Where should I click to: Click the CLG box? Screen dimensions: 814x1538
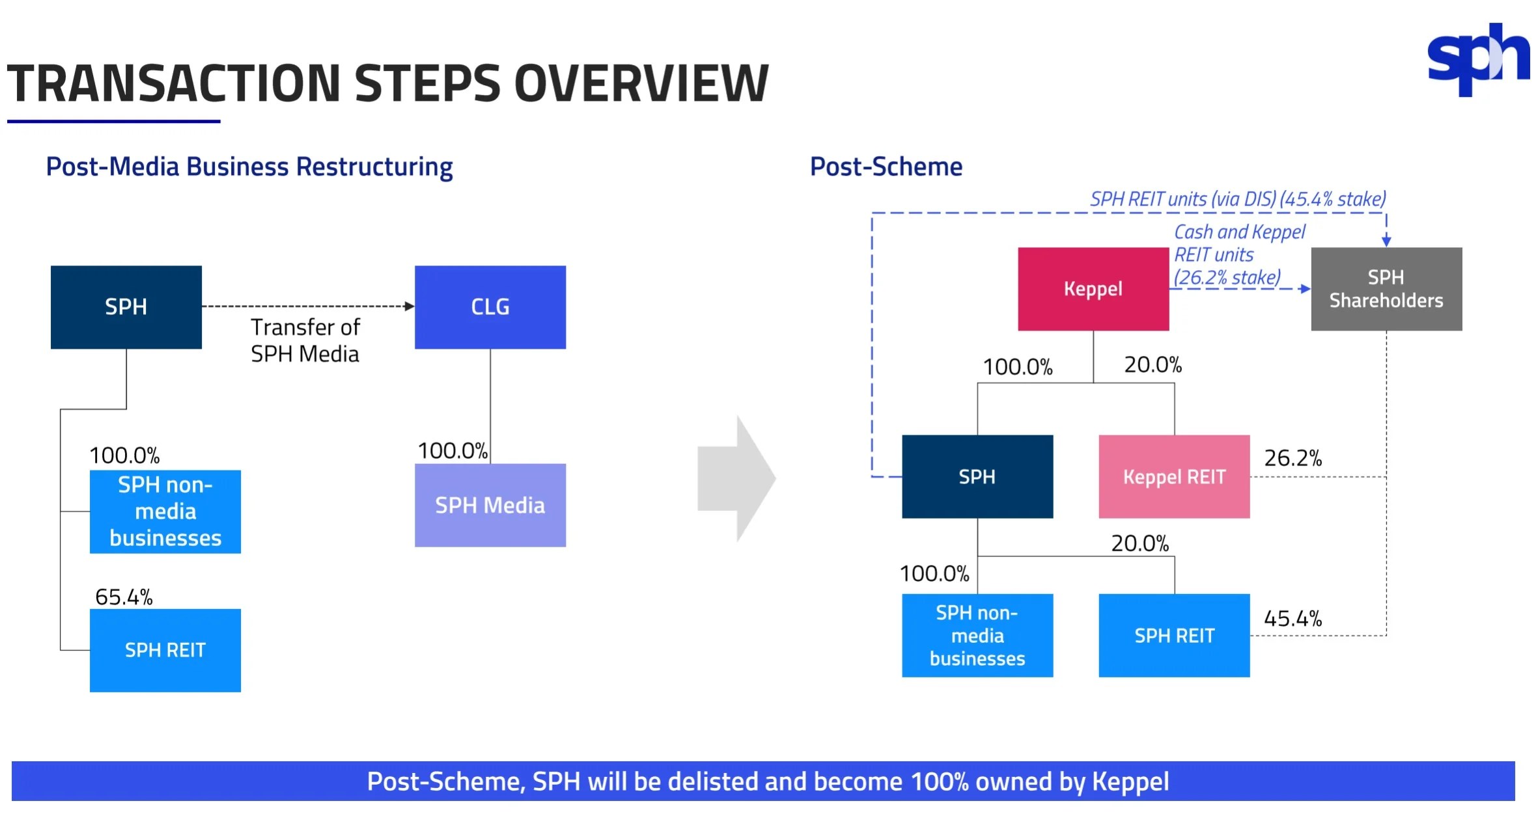point(490,306)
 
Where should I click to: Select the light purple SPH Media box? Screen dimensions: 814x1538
point(490,505)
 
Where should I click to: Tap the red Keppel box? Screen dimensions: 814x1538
point(1093,288)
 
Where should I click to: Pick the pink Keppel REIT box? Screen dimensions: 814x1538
point(1173,476)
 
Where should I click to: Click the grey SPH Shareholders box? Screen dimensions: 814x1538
point(1386,288)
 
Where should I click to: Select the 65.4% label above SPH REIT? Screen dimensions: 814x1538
point(124,597)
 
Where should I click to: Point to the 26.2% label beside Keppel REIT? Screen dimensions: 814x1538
point(1293,458)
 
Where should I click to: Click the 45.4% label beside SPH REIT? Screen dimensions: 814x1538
point(1293,618)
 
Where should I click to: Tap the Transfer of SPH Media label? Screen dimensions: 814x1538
point(305,340)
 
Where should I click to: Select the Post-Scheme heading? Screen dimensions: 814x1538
point(886,167)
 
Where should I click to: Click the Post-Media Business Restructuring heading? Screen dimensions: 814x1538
point(249,167)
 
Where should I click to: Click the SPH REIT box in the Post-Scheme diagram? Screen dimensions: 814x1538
point(1173,635)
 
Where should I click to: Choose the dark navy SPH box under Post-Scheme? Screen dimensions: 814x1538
point(977,476)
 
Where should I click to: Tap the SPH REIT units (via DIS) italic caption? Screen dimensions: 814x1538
point(1237,198)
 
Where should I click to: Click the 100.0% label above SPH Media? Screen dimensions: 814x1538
point(452,450)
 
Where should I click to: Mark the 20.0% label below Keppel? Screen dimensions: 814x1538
point(1153,364)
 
